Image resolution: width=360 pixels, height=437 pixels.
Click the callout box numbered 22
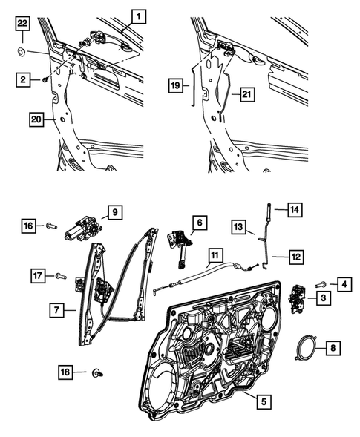22,28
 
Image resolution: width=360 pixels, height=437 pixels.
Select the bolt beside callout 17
59,276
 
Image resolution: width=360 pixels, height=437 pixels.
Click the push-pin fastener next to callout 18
97,374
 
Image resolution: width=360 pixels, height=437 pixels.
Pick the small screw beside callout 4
321,284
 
